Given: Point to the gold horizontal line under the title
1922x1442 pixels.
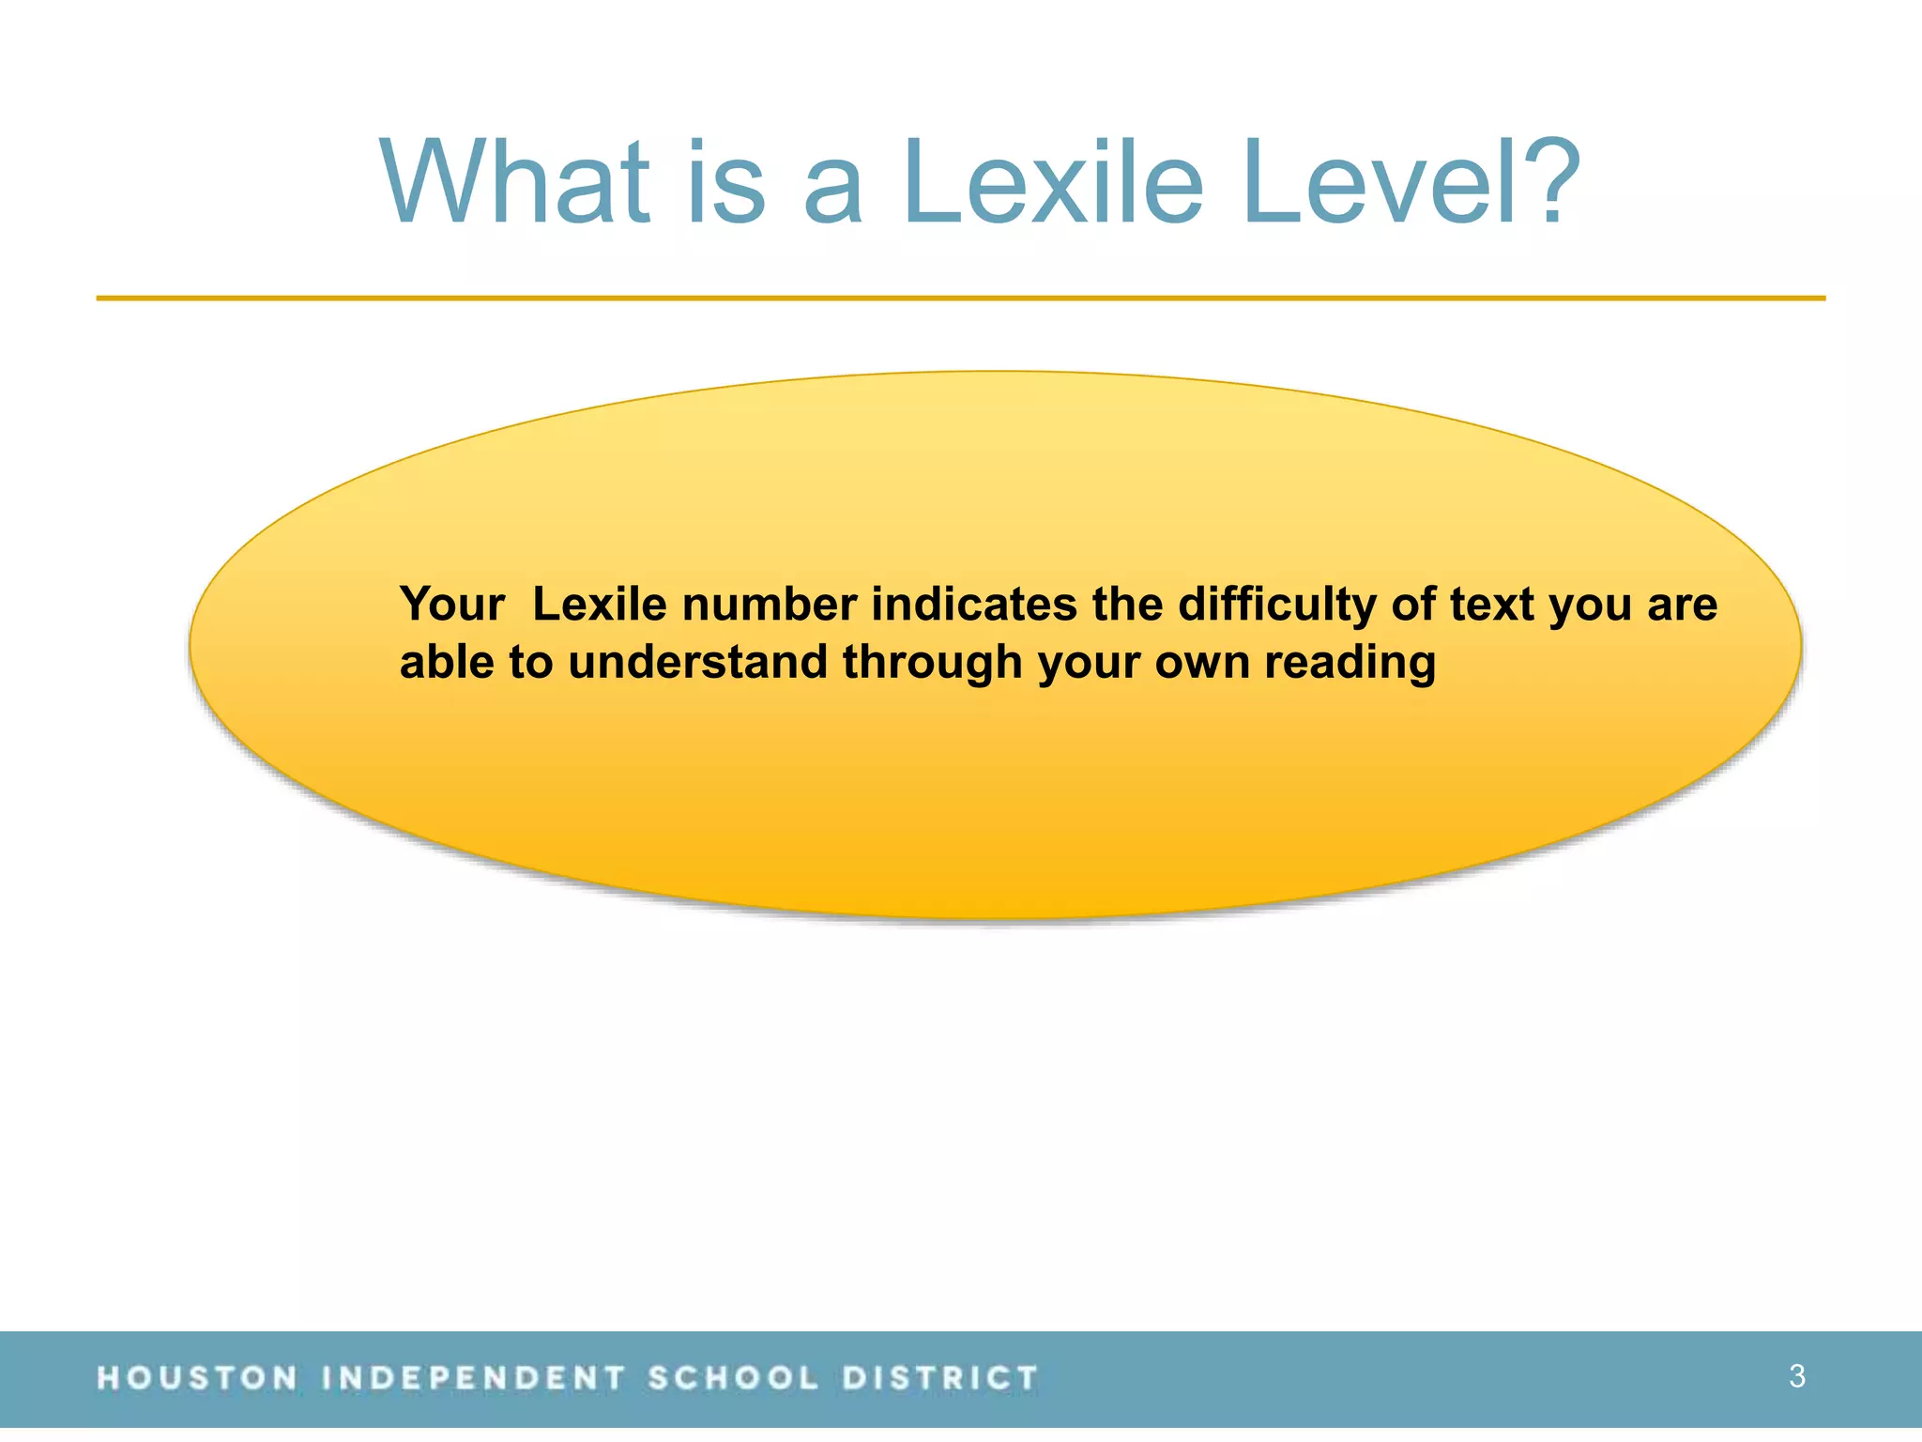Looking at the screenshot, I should (x=961, y=299).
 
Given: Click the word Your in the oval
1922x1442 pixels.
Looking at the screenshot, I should (x=452, y=605).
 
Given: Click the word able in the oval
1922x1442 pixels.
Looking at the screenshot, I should (x=446, y=662).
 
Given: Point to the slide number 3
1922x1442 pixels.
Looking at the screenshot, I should (x=1796, y=1376).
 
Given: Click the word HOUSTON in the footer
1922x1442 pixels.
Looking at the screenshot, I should (x=197, y=1378).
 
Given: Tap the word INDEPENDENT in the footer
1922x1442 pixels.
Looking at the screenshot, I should (x=473, y=1378).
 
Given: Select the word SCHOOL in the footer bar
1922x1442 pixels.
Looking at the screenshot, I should (x=733, y=1378).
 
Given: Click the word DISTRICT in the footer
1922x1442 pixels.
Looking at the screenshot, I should (x=939, y=1378).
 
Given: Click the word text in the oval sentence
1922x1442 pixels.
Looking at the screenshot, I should (x=1491, y=605).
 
